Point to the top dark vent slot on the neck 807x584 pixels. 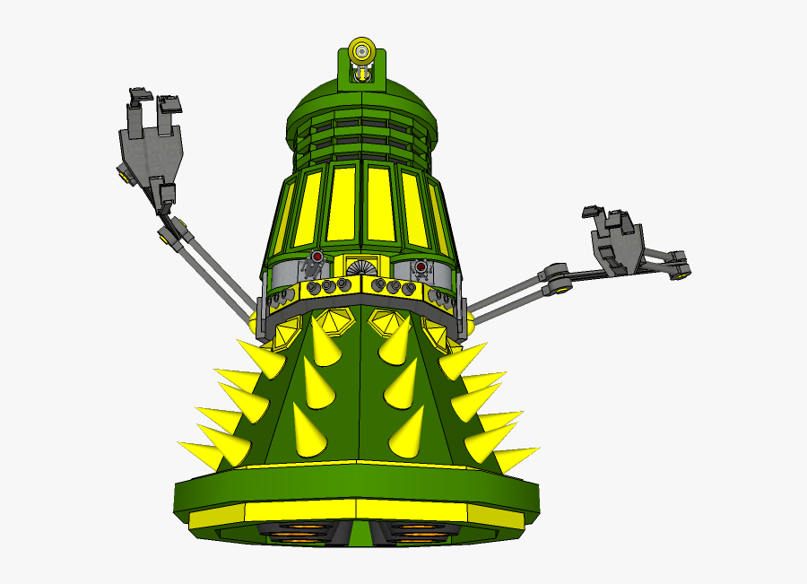coord(361,123)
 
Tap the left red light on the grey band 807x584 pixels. coord(317,257)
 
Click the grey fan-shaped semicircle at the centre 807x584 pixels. coord(360,269)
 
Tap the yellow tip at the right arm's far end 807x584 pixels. coord(683,273)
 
